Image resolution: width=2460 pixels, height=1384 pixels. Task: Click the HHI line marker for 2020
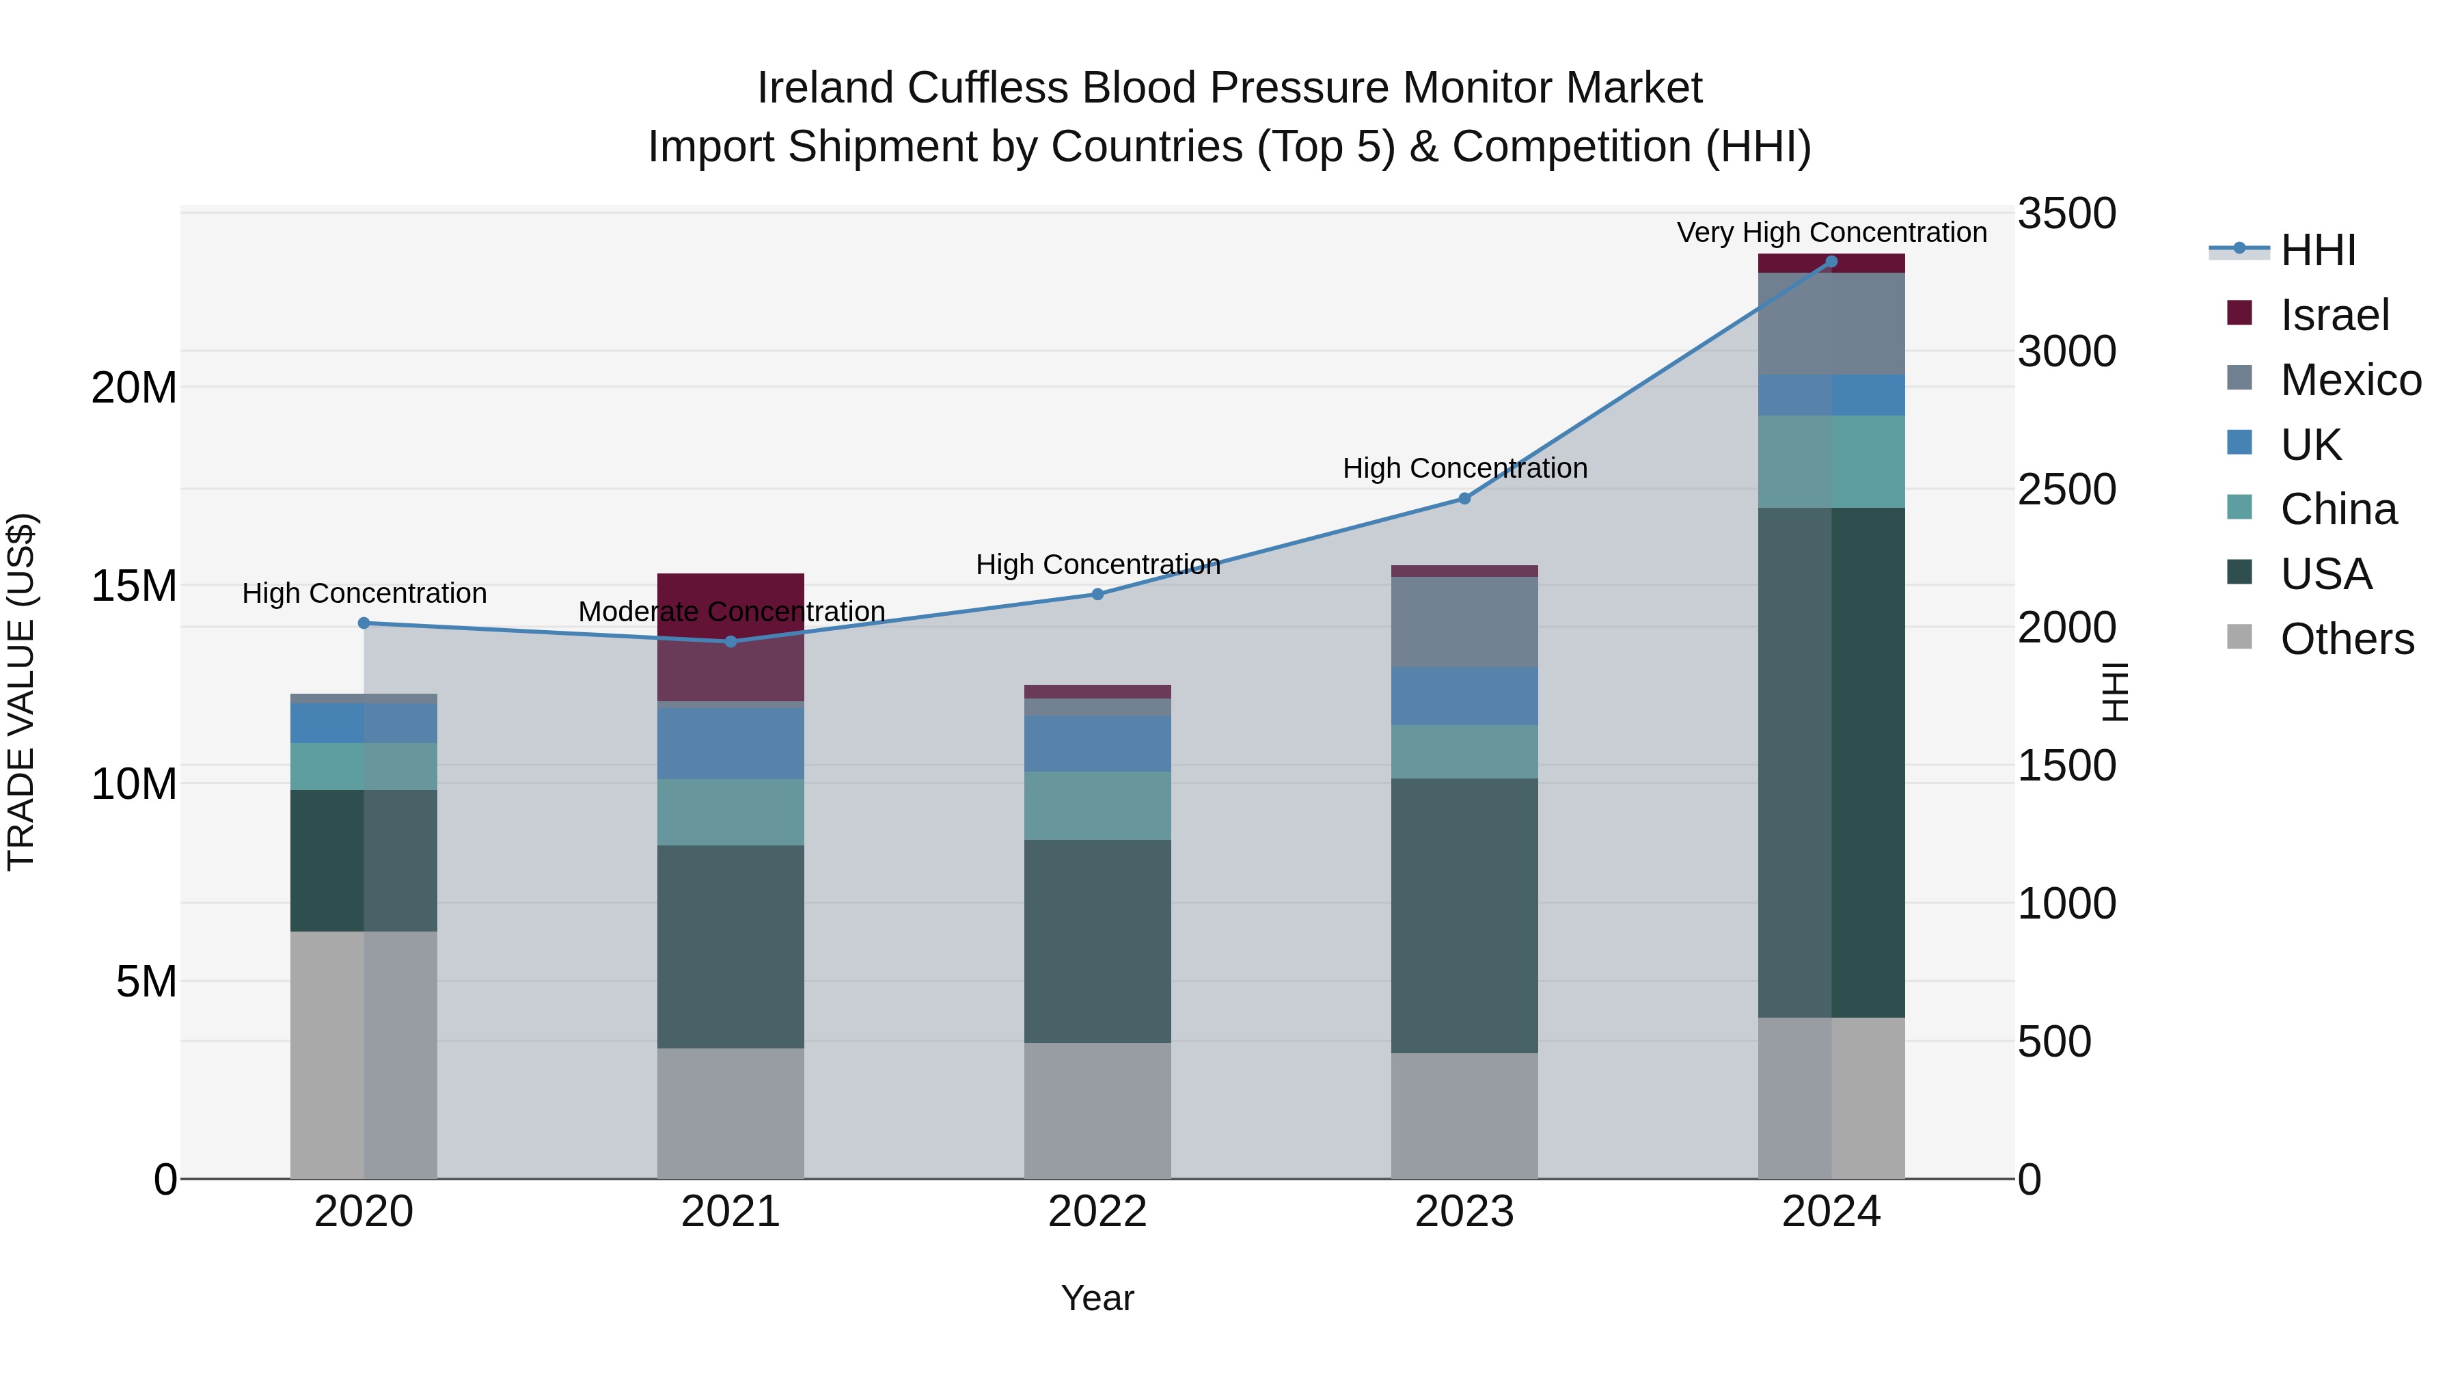pyautogui.click(x=364, y=623)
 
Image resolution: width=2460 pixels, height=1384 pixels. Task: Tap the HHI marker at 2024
pyautogui.click(x=1831, y=262)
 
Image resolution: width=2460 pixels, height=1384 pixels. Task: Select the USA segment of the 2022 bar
pyautogui.click(x=1097, y=941)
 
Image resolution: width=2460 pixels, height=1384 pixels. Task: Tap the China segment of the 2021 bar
pyautogui.click(x=730, y=812)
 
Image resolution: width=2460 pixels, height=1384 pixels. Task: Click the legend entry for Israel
pyautogui.click(x=2334, y=315)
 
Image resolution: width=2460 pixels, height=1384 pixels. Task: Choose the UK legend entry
pyautogui.click(x=2310, y=445)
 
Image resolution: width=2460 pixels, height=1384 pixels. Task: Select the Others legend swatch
pyautogui.click(x=2239, y=637)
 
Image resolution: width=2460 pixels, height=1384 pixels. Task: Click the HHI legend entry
pyautogui.click(x=2318, y=250)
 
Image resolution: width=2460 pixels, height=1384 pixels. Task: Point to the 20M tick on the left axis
pyautogui.click(x=134, y=388)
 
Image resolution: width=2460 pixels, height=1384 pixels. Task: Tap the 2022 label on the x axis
pyautogui.click(x=1097, y=1212)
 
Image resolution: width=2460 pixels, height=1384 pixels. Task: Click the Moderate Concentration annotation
pyautogui.click(x=731, y=611)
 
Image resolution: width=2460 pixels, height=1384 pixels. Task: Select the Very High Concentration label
pyautogui.click(x=1831, y=232)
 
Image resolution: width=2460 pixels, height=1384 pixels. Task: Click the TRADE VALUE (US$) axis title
pyautogui.click(x=21, y=692)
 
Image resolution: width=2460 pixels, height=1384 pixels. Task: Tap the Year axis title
pyautogui.click(x=1097, y=1298)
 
